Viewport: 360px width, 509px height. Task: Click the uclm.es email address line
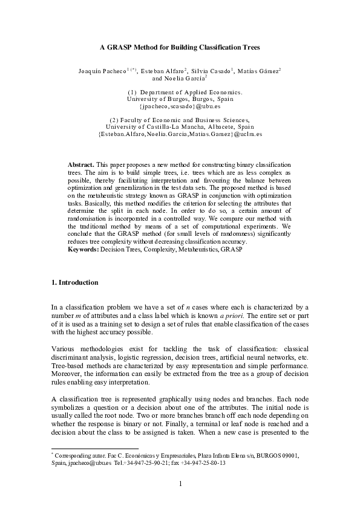pos(180,134)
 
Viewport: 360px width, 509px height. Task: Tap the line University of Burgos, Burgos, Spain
pos(180,99)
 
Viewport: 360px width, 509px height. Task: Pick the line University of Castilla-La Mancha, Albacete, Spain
pos(180,127)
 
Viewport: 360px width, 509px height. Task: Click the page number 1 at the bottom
pos(180,483)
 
